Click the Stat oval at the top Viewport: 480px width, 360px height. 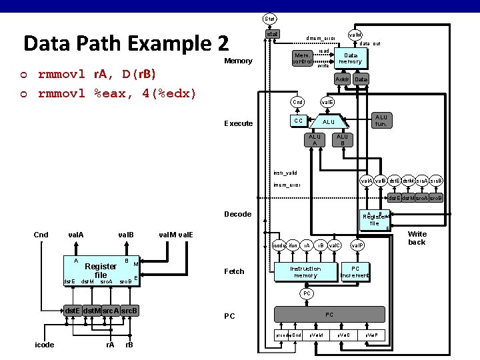(270, 19)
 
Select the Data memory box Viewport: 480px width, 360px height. (350, 58)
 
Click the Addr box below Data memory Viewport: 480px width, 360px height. (343, 79)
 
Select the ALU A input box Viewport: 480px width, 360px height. (313, 139)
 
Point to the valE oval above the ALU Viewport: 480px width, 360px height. (327, 102)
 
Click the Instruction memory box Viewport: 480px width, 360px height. (306, 272)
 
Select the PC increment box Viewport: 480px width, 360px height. (355, 272)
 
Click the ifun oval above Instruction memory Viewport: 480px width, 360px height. (293, 246)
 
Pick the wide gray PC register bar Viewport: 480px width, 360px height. (329, 314)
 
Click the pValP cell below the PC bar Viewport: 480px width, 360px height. (371, 334)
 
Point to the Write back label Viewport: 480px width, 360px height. (417, 238)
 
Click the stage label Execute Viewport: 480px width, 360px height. (239, 123)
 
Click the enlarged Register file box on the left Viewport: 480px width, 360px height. (101, 270)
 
